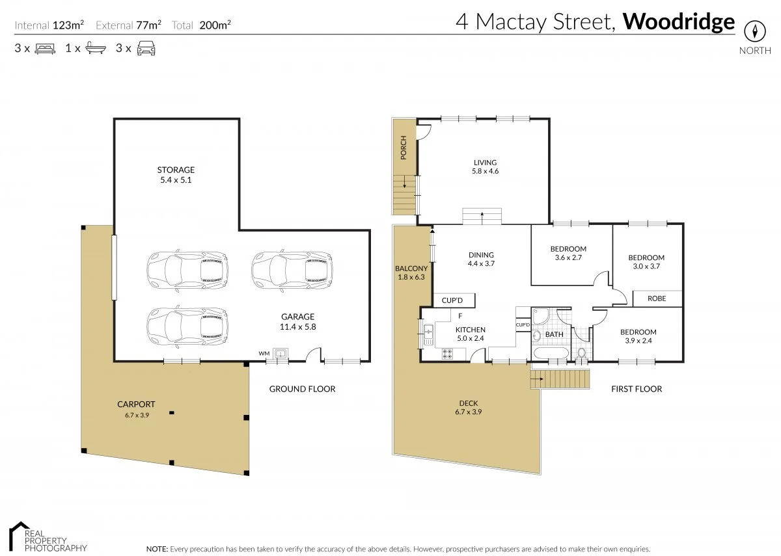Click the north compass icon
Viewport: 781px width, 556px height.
point(755,31)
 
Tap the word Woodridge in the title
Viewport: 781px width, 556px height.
point(679,21)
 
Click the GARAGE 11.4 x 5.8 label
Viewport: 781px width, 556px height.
point(297,322)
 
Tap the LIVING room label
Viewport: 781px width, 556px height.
point(485,166)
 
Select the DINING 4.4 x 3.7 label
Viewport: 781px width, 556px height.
point(481,259)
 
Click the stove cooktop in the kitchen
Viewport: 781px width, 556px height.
point(448,354)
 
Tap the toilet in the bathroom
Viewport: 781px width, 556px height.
point(582,354)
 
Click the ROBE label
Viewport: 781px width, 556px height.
point(656,299)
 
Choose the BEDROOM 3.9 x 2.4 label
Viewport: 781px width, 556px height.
point(638,336)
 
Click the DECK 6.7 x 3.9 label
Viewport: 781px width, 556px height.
point(468,407)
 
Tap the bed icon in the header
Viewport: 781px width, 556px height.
point(44,48)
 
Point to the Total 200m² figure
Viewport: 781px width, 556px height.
point(202,25)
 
